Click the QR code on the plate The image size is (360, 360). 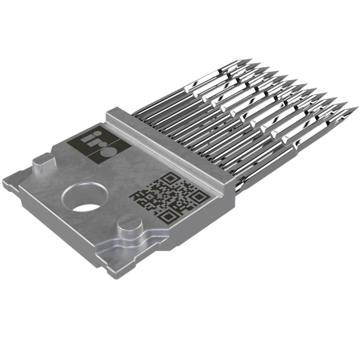(168, 198)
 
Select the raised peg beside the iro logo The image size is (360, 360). (41, 167)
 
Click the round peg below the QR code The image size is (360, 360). (134, 229)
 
